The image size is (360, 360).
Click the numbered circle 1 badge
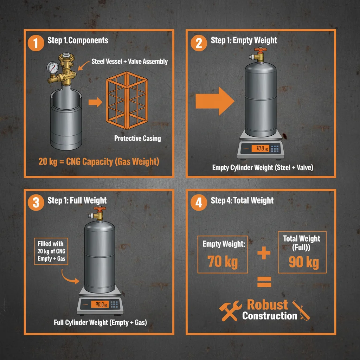[x=35, y=43]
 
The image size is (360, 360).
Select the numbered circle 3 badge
[x=35, y=203]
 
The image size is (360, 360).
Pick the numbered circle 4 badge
[x=199, y=203]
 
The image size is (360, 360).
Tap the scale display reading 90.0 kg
[x=100, y=304]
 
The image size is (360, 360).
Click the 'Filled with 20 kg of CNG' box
[x=51, y=252]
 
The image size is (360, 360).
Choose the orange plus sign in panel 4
[x=263, y=253]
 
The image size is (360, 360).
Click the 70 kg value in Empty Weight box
[x=223, y=262]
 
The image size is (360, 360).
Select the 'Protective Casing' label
[x=137, y=138]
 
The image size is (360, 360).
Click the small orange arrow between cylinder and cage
[x=94, y=103]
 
